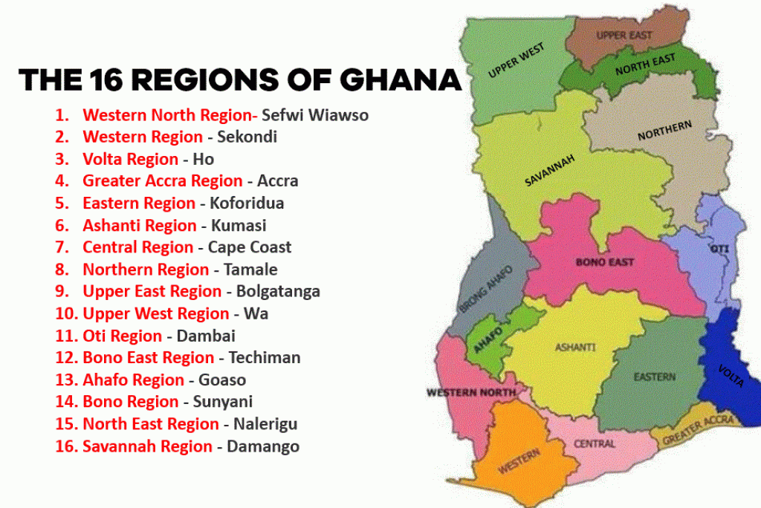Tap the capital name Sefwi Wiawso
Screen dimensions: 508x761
click(315, 115)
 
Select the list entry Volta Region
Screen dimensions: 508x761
click(130, 159)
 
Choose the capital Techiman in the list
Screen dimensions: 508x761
click(265, 357)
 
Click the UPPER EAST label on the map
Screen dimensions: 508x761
click(624, 36)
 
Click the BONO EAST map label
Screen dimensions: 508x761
click(605, 262)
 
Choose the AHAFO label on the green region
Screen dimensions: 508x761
click(488, 338)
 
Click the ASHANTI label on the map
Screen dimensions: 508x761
click(575, 347)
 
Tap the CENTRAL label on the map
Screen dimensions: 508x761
click(595, 443)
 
